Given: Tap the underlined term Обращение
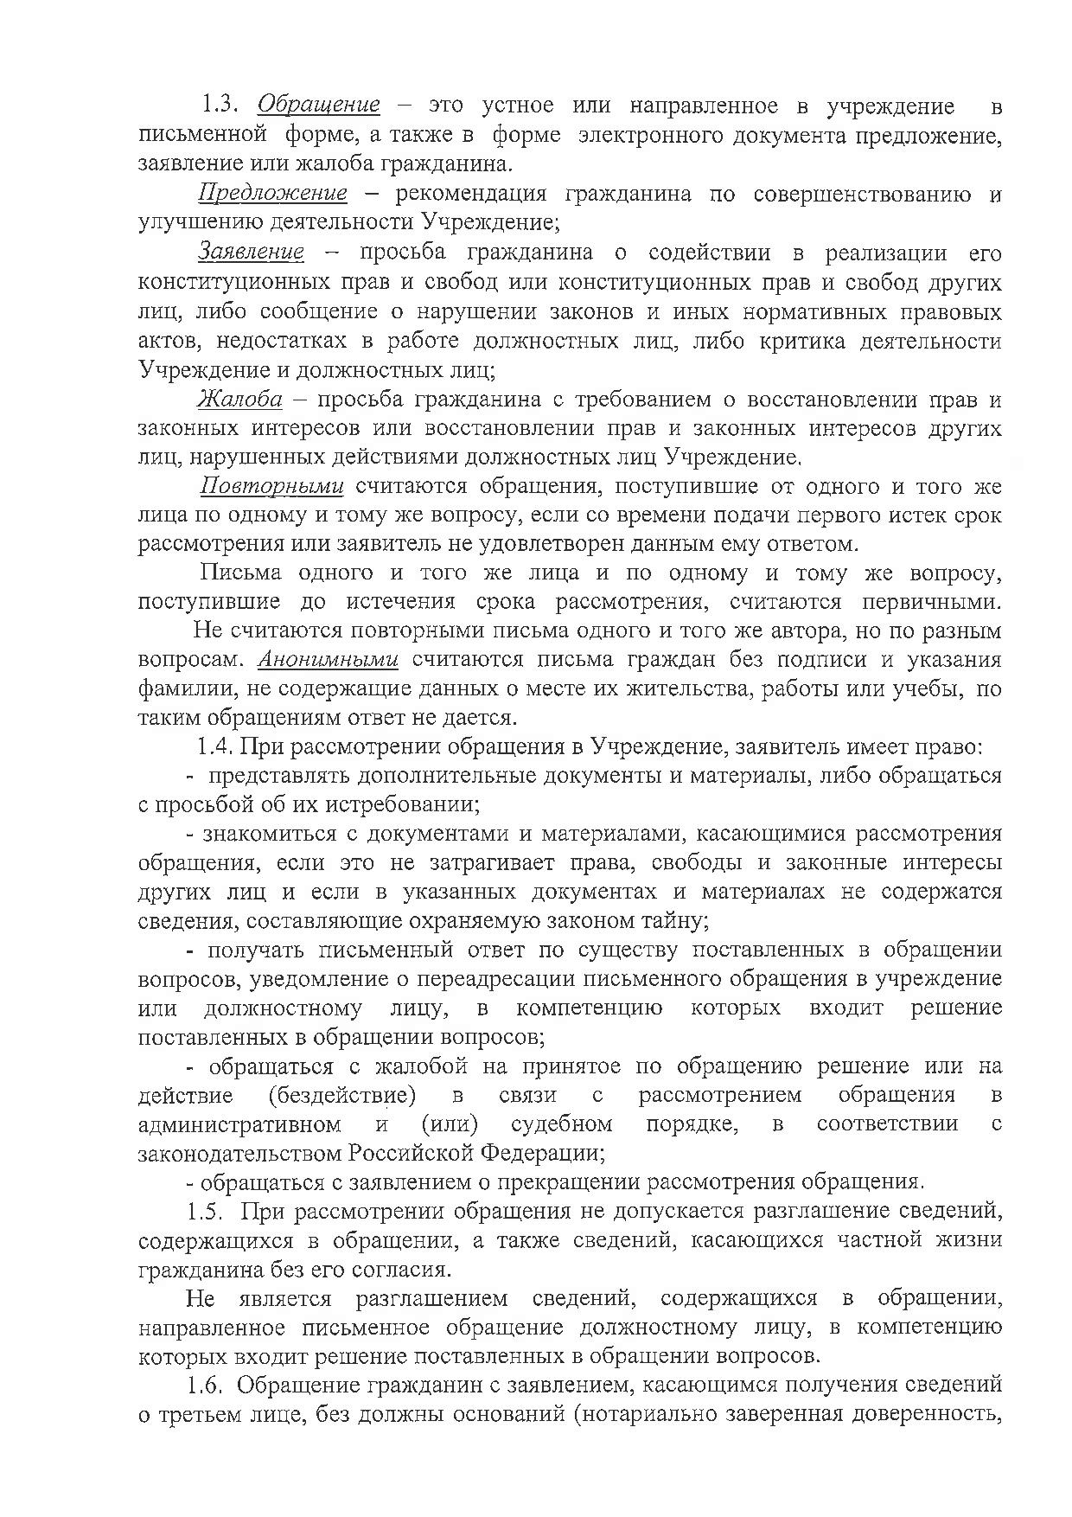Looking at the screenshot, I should [x=319, y=106].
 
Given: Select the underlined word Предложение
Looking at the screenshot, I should [x=273, y=193].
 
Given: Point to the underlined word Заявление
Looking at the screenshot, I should [x=252, y=253].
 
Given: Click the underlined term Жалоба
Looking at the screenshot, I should [x=240, y=399].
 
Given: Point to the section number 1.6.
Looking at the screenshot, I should [x=207, y=1385].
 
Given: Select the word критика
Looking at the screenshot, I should [x=802, y=341].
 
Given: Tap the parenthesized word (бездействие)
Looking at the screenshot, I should [x=341, y=1095].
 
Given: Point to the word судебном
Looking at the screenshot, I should [x=562, y=1124].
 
